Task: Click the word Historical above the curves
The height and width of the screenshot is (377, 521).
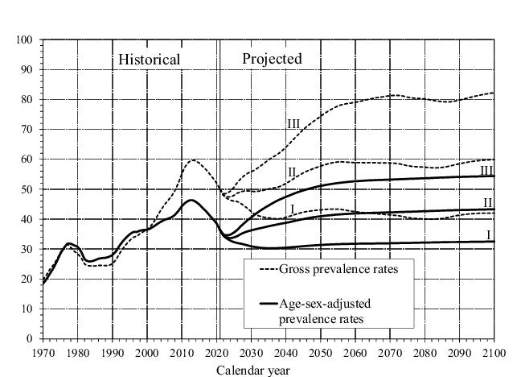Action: pos(149,59)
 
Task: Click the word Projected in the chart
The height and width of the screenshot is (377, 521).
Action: pos(272,59)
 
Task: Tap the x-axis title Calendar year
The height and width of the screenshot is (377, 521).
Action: pos(252,371)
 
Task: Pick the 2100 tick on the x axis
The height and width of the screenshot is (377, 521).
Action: pos(493,352)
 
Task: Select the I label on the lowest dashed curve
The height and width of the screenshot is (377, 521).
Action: pos(293,209)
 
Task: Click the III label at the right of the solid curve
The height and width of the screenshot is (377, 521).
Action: pos(486,169)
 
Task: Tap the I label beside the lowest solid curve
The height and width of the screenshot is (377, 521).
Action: pos(488,234)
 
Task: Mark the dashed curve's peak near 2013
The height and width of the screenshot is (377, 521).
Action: pos(193,159)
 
